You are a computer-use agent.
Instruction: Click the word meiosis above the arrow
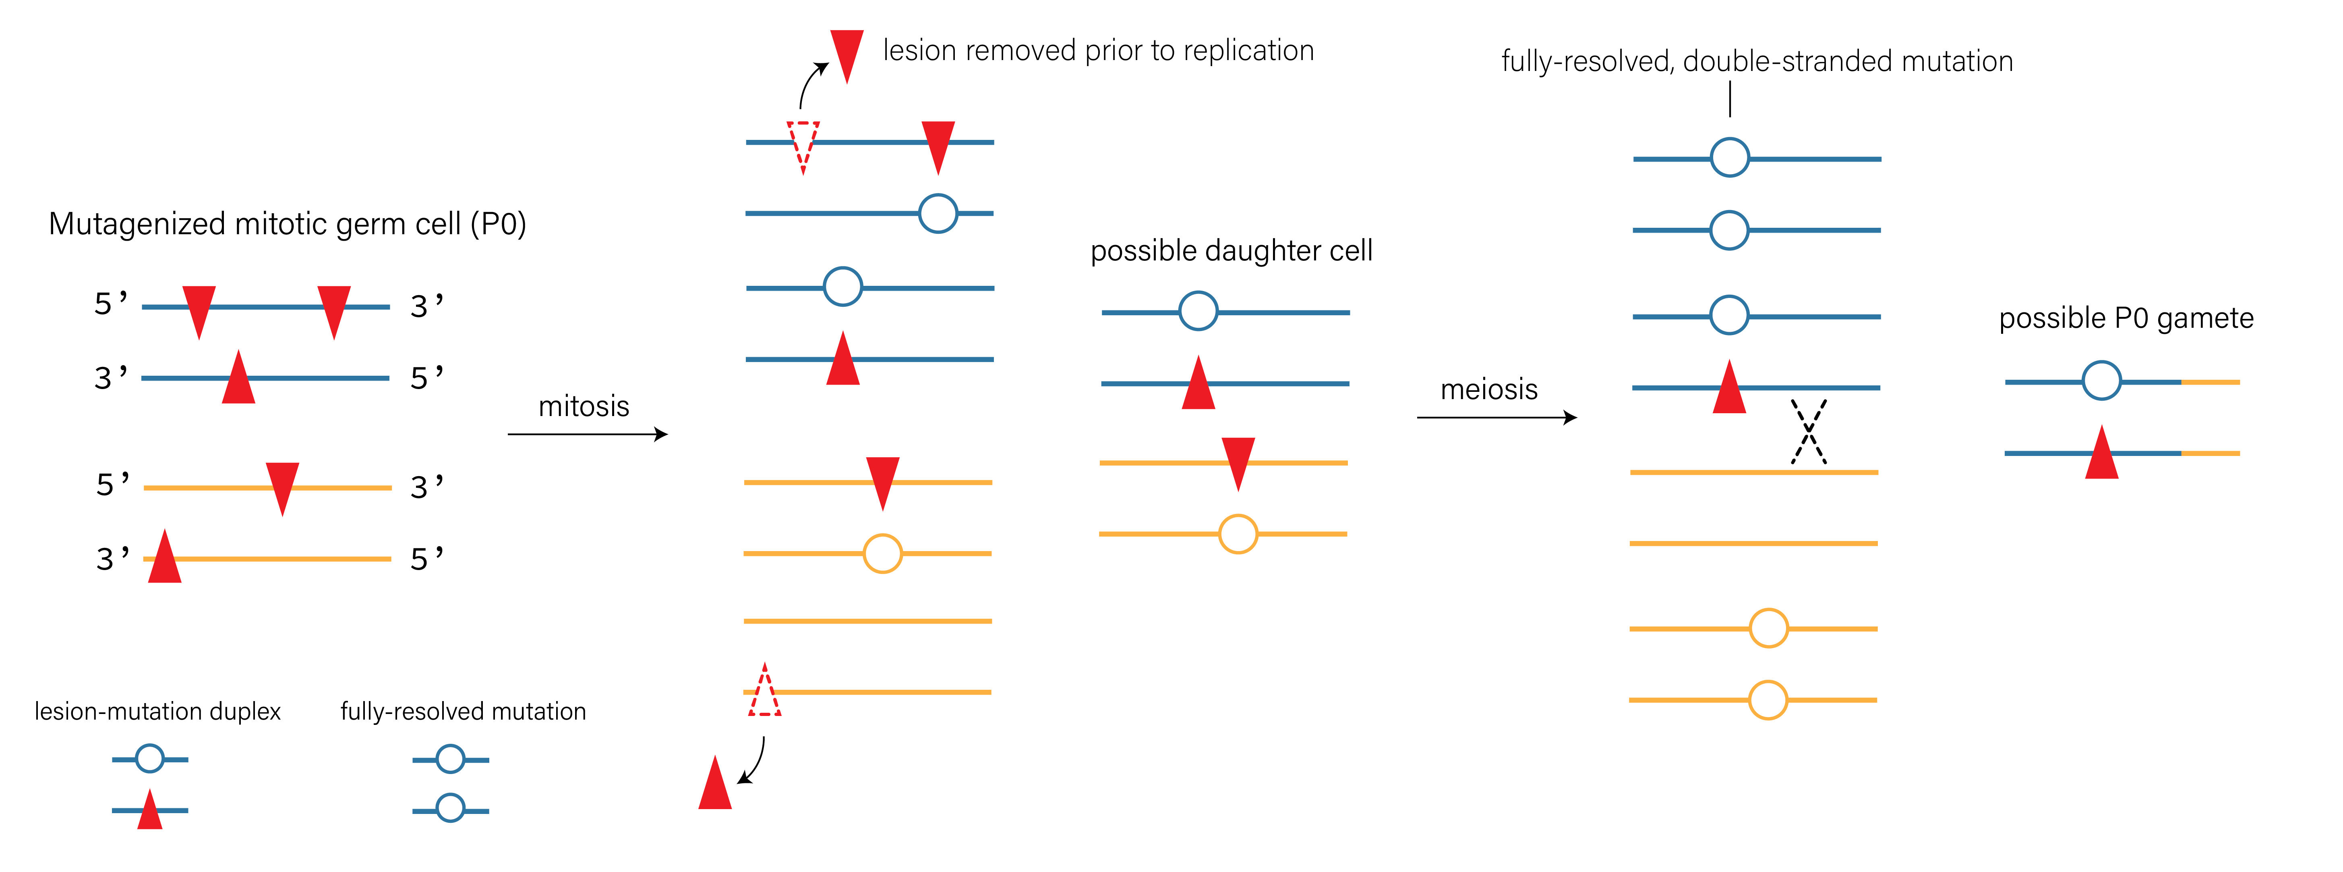coord(1489,389)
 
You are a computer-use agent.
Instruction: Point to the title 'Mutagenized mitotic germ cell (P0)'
coord(288,224)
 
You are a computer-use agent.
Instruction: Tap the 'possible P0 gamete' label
coord(2126,318)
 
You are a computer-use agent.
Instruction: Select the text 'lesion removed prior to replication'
coord(1098,51)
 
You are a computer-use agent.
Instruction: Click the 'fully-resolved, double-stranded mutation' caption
coord(1756,62)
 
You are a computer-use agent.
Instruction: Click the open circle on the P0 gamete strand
coord(2101,381)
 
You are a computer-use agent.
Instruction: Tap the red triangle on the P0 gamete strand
coord(2101,455)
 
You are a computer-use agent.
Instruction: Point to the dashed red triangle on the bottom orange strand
coord(764,692)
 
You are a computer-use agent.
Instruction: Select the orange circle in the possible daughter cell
coord(1238,534)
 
